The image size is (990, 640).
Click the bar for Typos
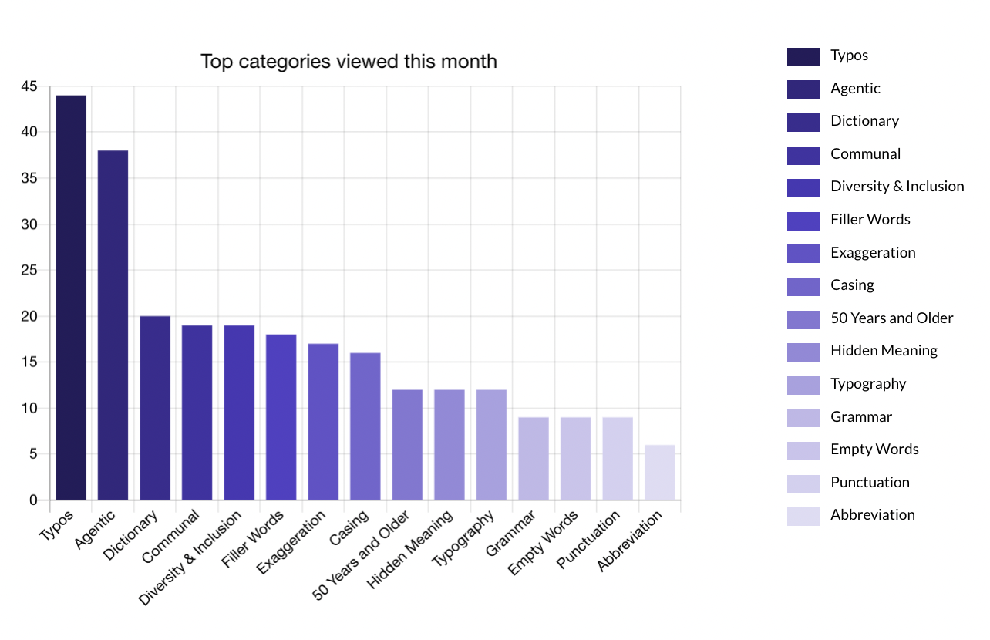71,298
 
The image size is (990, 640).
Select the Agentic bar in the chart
113,325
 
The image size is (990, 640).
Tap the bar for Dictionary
155,408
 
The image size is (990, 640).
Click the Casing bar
365,426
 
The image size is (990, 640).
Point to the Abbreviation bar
659,473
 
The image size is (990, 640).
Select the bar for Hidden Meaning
450,445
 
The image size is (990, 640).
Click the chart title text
349,62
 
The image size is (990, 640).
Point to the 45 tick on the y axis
29,87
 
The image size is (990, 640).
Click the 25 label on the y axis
29,271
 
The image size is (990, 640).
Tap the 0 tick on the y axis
33,500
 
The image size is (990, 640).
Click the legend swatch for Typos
803,56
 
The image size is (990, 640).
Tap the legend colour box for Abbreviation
803,516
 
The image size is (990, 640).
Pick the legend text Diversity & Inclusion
897,187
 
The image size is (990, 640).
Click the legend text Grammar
860,417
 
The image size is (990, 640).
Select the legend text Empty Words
874,450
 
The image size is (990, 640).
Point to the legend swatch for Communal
803,155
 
